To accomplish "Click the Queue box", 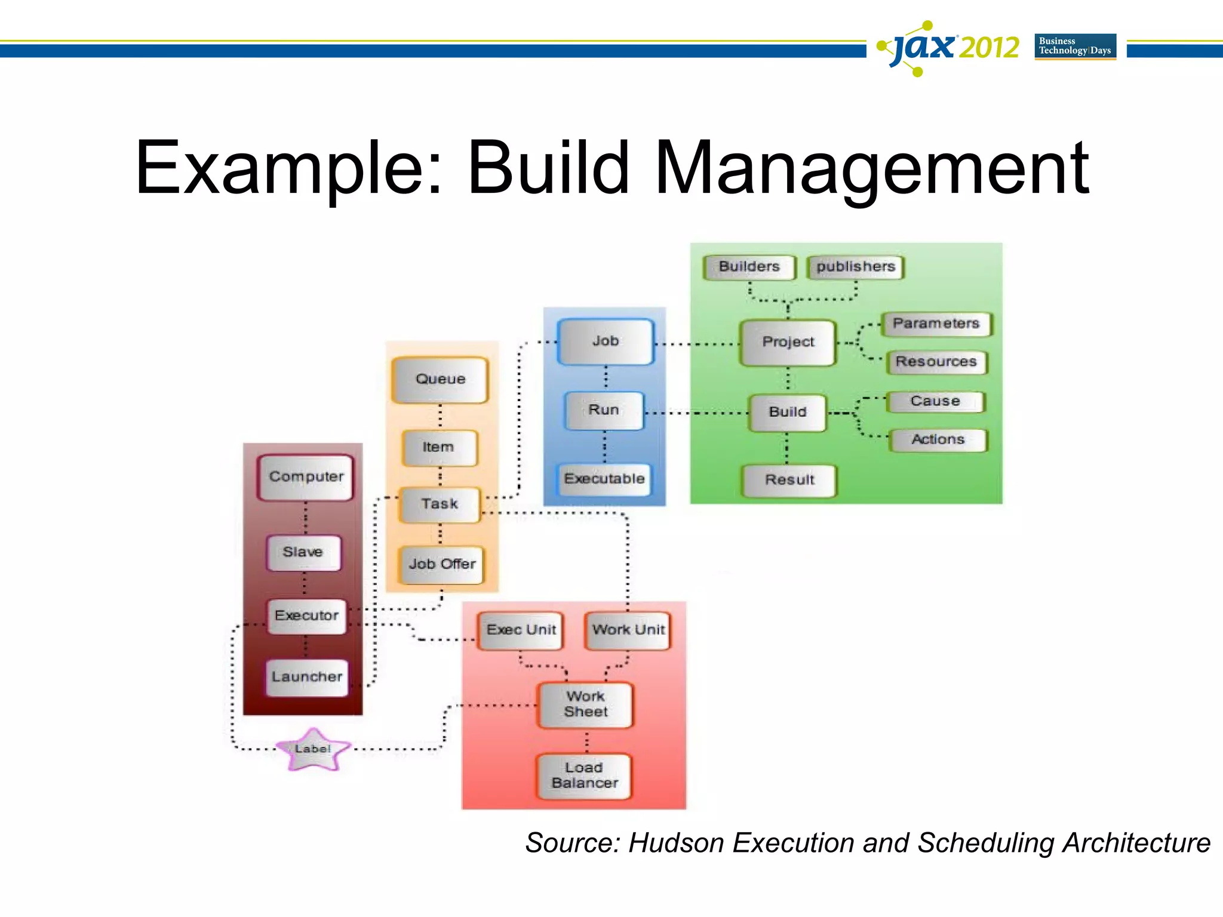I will point(440,380).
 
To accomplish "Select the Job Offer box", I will point(442,564).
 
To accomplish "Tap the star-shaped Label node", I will point(312,749).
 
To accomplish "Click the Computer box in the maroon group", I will point(306,477).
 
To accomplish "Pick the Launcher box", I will point(307,677).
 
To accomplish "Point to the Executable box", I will point(604,479).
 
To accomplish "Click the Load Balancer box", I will point(585,776).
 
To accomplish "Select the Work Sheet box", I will point(585,704).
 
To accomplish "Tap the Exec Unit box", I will point(521,630).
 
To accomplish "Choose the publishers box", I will point(855,267).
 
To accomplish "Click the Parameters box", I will point(936,324).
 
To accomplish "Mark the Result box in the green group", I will point(789,481).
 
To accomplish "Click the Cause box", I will point(935,401).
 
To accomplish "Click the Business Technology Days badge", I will point(1075,47).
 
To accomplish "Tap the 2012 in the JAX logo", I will point(990,48).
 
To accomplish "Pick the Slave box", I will point(303,552).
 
